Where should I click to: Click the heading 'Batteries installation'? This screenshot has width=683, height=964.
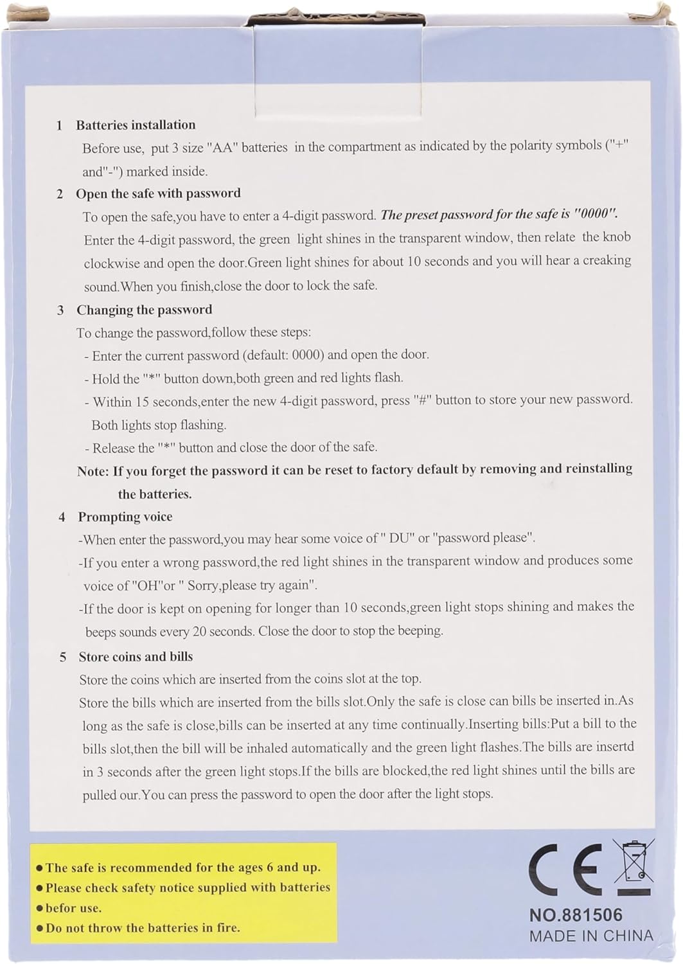(x=136, y=125)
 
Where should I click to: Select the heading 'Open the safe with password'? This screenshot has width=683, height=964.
(x=158, y=193)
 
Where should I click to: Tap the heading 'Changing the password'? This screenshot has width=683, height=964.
(x=144, y=310)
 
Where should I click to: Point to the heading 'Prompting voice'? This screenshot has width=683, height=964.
(x=125, y=517)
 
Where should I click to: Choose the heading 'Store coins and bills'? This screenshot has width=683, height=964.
(x=136, y=657)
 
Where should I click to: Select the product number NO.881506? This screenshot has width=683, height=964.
(x=576, y=915)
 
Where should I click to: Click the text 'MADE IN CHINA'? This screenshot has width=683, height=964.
(x=591, y=936)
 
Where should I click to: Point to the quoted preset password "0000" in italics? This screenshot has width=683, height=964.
(x=596, y=214)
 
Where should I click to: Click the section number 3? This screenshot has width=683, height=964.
(x=60, y=310)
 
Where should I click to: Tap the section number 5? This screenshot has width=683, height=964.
(x=63, y=657)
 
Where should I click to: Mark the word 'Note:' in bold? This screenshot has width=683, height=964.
(x=93, y=471)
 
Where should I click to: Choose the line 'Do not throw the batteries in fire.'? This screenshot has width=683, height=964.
(x=143, y=928)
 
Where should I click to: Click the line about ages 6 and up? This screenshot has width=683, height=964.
(x=182, y=868)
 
